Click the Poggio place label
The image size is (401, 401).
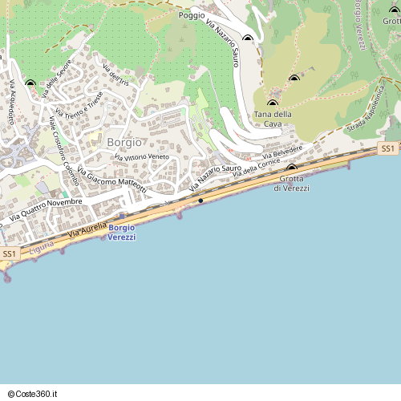pos(192,15)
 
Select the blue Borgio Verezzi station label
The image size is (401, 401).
pos(122,233)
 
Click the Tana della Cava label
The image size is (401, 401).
pos(273,119)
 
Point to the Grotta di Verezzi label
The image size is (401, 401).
pos(290,183)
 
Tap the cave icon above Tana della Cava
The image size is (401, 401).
pos(272,103)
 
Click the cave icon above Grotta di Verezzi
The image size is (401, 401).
pos(292,168)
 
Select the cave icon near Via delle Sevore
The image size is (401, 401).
pos(30,83)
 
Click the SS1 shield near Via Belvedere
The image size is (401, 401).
pos(387,149)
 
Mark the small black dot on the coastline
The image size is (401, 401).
pos(200,200)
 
